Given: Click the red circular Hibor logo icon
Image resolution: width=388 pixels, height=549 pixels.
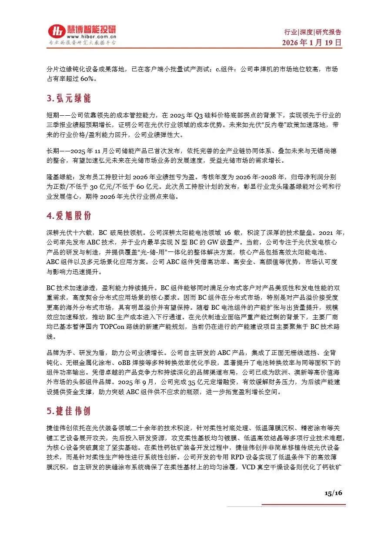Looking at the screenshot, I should coord(56,31).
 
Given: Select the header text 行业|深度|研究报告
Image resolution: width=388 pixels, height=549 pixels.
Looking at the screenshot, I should coord(312,32).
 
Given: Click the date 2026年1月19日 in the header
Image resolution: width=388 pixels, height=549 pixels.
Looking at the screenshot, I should coord(311,43).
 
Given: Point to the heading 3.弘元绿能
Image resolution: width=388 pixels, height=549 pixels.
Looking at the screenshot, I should coord(69,99).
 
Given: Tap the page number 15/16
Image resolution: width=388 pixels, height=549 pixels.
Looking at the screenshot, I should coord(334,492).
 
